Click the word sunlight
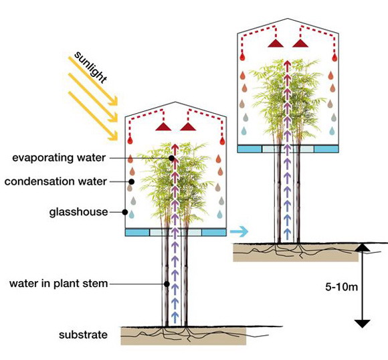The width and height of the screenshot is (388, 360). (x=90, y=67)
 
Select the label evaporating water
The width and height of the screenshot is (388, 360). (x=59, y=158)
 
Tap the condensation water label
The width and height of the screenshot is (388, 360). (x=56, y=181)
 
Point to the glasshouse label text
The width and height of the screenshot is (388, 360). (x=78, y=212)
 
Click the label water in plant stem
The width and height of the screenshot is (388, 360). (x=59, y=284)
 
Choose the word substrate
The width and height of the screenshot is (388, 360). (x=83, y=335)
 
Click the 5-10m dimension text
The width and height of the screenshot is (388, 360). (x=341, y=286)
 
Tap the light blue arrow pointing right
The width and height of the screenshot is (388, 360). (x=239, y=232)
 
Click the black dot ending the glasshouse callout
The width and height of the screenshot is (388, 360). (x=125, y=212)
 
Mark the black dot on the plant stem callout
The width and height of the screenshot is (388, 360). (x=167, y=284)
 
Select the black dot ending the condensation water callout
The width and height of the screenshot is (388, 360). (x=132, y=182)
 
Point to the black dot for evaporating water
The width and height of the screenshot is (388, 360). (x=171, y=158)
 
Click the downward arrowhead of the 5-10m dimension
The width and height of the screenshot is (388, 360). (x=363, y=324)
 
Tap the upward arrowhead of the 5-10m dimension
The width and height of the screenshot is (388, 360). (x=363, y=248)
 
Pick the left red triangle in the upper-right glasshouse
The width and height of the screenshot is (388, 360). (x=276, y=43)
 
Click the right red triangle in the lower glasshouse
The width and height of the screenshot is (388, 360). (x=188, y=126)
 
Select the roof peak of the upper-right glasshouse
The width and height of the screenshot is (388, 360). (x=287, y=18)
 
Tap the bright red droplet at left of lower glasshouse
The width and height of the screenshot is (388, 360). (x=130, y=141)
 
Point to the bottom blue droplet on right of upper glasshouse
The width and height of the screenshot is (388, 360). (x=332, y=131)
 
